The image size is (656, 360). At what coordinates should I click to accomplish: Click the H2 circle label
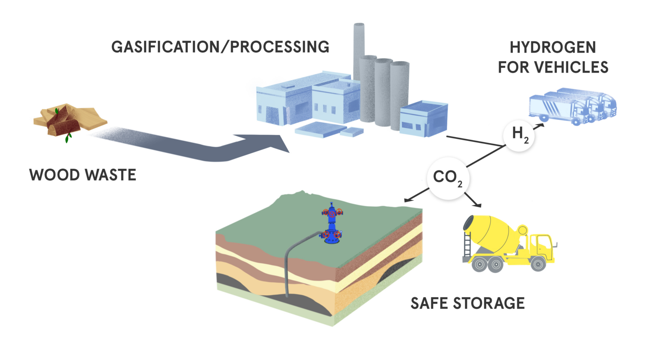(519, 135)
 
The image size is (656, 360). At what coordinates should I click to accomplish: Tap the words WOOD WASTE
(82, 175)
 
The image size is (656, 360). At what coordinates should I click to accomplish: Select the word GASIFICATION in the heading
(165, 47)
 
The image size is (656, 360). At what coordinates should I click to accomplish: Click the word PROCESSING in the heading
(280, 47)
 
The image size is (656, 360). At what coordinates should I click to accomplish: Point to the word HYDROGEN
(553, 47)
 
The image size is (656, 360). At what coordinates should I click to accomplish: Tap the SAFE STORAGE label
(468, 303)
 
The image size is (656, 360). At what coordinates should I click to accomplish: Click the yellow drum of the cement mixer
(491, 233)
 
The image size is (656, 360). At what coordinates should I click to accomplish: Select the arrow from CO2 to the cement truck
(473, 200)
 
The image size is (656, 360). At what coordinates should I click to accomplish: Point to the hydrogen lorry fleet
(572, 107)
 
